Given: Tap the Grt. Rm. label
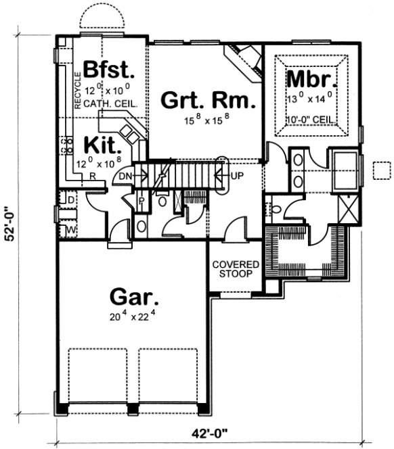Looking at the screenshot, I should click(x=208, y=101).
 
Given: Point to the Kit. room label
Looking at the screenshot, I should click(x=102, y=145).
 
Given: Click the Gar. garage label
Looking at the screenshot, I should click(x=135, y=298).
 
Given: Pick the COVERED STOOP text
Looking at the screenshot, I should click(x=232, y=268).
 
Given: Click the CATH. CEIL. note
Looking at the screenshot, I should click(x=112, y=105).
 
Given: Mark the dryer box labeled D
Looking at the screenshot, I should click(x=71, y=201).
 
